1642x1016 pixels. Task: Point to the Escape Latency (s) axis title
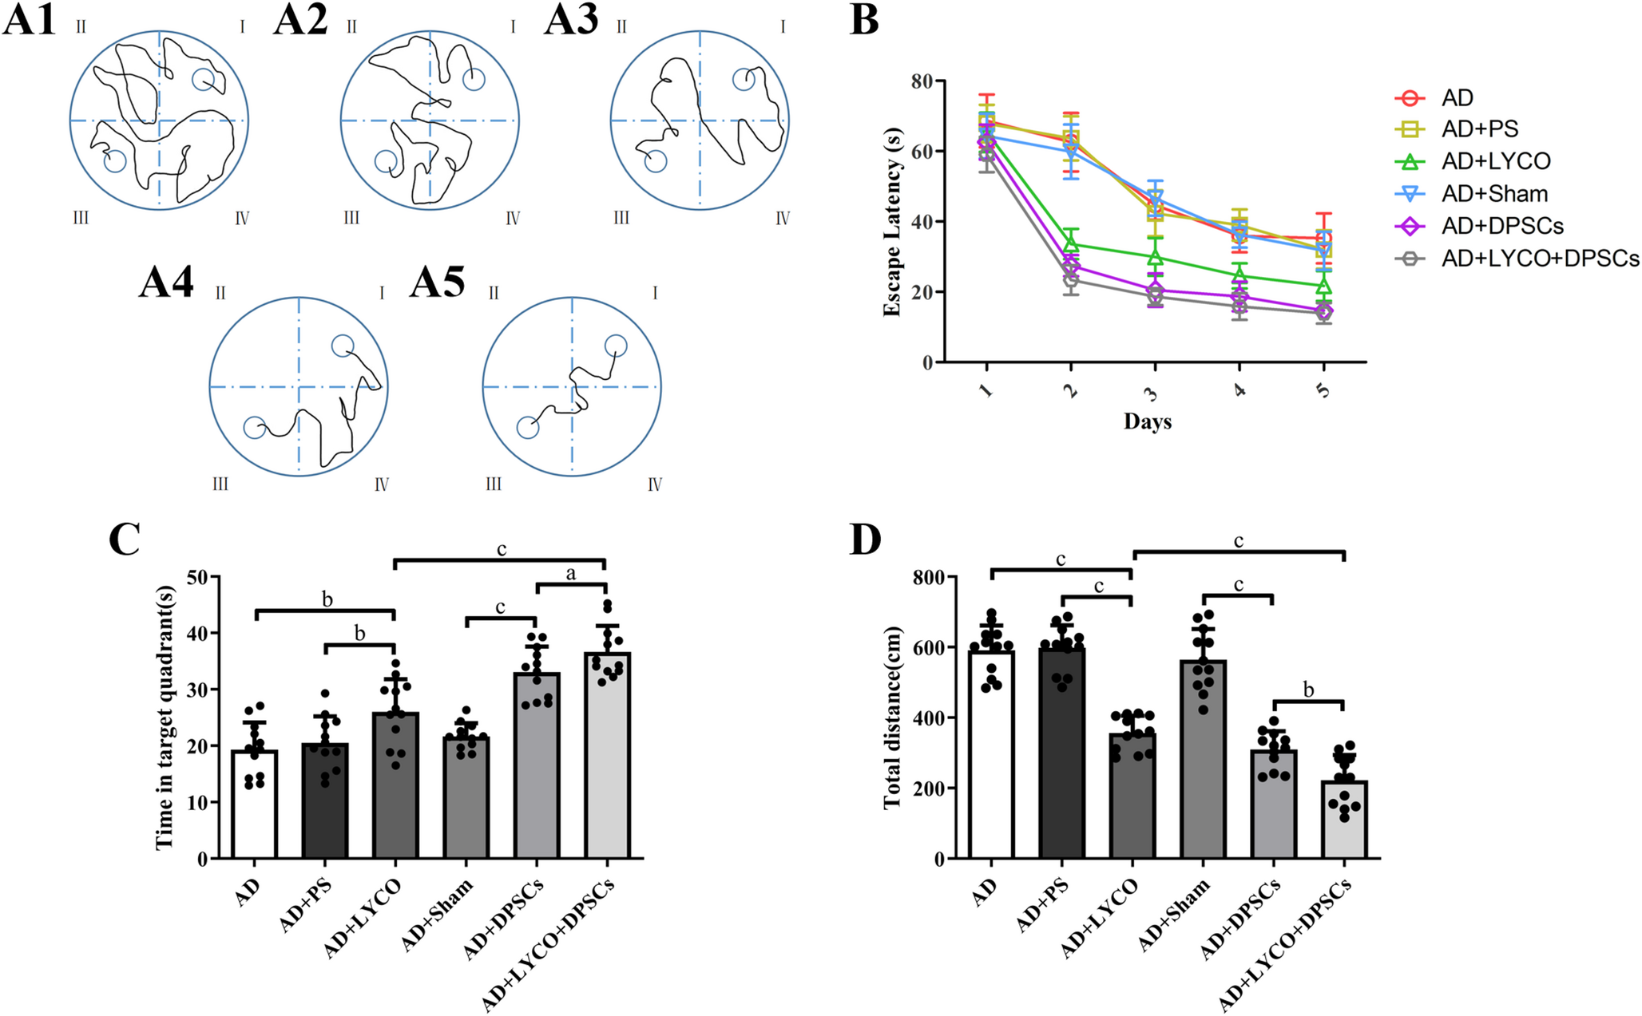point(892,222)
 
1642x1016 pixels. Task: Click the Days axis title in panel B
point(1148,421)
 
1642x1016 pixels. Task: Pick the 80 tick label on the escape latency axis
point(922,81)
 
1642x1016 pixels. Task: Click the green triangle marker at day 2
point(1071,243)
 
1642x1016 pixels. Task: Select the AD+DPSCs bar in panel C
point(537,765)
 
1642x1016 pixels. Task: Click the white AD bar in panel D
point(991,754)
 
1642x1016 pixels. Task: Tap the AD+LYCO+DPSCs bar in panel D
point(1345,820)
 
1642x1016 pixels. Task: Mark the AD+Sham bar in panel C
point(466,797)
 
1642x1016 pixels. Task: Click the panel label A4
point(166,282)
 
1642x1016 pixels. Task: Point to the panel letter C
point(125,540)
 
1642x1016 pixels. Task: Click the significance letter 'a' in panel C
point(571,573)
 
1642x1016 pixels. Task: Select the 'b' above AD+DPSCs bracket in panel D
point(1308,689)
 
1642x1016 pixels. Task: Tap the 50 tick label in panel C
point(197,577)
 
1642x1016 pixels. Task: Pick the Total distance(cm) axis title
point(892,718)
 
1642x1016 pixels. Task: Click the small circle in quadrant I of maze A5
point(615,346)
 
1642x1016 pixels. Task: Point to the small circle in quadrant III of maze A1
point(115,161)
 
